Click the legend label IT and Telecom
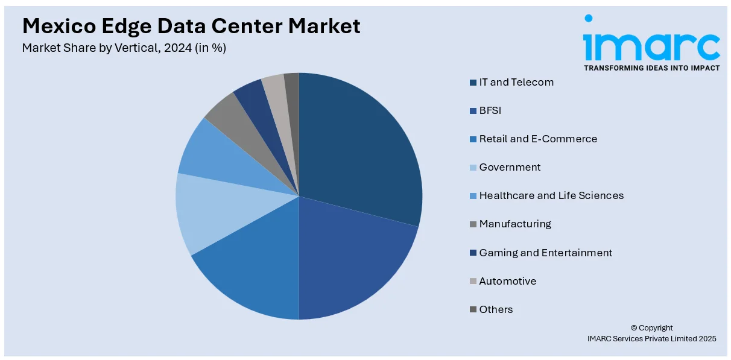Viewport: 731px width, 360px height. pos(516,82)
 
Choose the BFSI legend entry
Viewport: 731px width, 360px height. pos(490,110)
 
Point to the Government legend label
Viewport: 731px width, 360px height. pos(510,167)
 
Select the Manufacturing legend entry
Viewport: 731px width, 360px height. pos(515,224)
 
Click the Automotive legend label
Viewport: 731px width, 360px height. pos(507,281)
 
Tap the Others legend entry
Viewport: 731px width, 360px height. pos(496,309)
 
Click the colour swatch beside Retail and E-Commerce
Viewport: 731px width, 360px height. pos(474,139)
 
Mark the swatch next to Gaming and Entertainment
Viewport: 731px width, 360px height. pos(474,253)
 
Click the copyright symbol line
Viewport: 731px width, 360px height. pos(652,328)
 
